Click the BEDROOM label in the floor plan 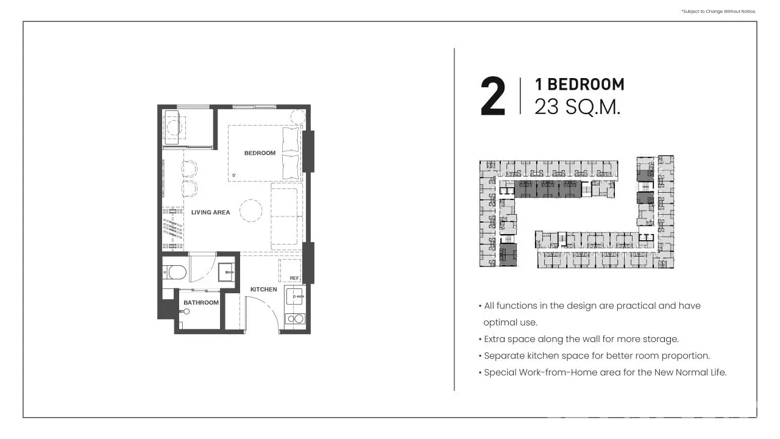point(260,153)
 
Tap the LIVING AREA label point(211,212)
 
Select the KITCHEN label point(264,289)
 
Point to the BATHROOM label point(201,302)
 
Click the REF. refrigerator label point(294,278)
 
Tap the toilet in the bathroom point(174,273)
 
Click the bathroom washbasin point(226,272)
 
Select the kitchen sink point(295,296)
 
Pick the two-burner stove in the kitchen point(295,319)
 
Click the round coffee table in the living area point(250,210)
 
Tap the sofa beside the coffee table point(286,216)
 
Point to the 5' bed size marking point(234,175)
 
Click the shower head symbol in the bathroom point(186,312)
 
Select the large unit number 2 point(493,96)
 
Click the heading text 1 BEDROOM point(580,85)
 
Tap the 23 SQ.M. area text point(578,107)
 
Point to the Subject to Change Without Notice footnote point(718,12)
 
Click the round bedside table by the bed point(298,116)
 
